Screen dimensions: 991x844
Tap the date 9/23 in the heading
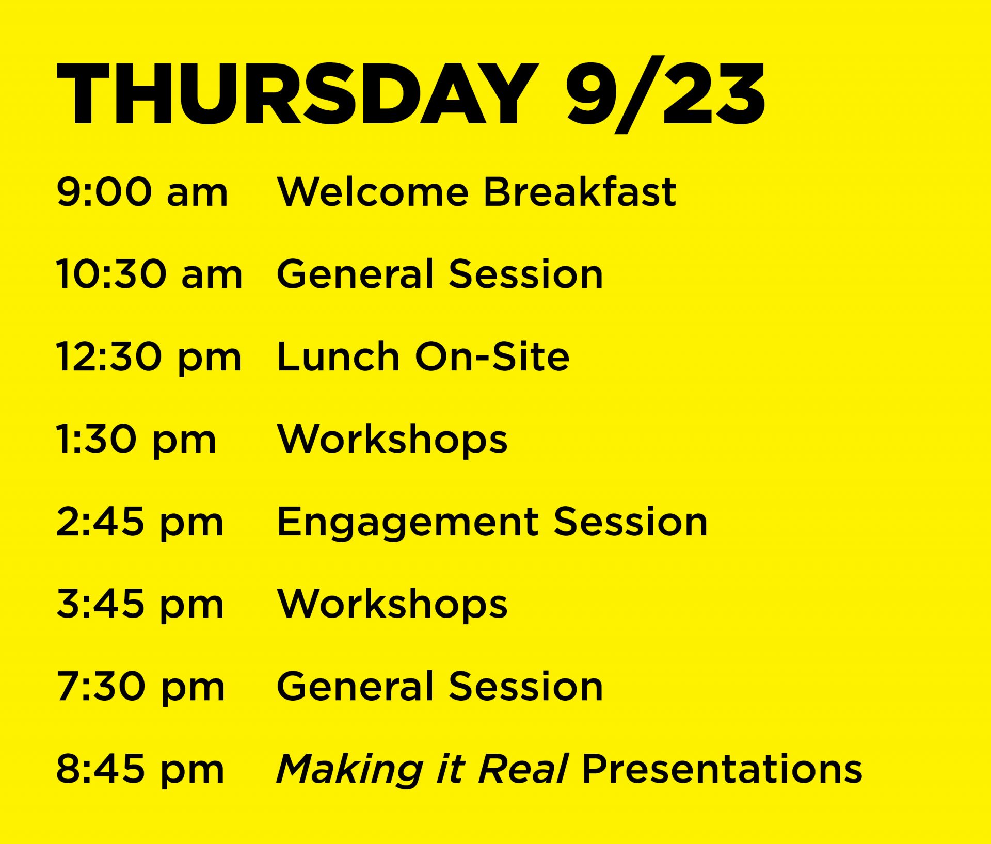(665, 94)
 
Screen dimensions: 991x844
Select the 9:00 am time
(142, 192)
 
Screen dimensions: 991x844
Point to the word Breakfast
(580, 191)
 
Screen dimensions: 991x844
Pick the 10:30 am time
(149, 274)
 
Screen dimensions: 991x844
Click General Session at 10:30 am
(440, 274)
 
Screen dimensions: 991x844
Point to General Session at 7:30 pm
(440, 687)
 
